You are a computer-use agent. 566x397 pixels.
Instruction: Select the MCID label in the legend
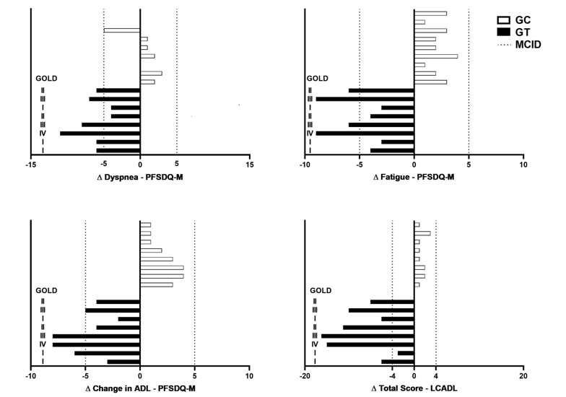pyautogui.click(x=528, y=44)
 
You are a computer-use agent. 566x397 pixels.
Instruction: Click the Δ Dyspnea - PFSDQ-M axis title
pyautogui.click(x=140, y=178)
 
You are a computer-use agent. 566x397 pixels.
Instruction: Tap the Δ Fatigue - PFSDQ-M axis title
pyautogui.click(x=414, y=178)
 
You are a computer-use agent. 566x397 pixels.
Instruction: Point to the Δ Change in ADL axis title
pyautogui.click(x=140, y=389)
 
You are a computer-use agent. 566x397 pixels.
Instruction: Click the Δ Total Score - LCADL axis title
pyautogui.click(x=414, y=389)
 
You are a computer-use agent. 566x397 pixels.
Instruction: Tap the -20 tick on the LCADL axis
pyautogui.click(x=305, y=376)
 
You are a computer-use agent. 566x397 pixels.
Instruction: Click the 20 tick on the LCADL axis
pyautogui.click(x=523, y=376)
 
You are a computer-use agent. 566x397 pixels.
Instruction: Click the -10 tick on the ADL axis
pyautogui.click(x=30, y=376)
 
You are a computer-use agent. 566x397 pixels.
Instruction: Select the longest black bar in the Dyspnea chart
pyautogui.click(x=100, y=134)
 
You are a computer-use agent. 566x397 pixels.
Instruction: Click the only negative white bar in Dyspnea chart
pyautogui.click(x=122, y=30)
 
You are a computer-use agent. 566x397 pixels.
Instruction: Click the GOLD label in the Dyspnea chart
pyautogui.click(x=45, y=79)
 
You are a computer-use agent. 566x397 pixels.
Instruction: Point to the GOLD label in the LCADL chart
pyautogui.click(x=320, y=290)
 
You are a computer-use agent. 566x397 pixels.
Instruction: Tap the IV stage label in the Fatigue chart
pyautogui.click(x=310, y=134)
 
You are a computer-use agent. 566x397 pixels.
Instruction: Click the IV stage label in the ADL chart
pyautogui.click(x=43, y=344)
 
